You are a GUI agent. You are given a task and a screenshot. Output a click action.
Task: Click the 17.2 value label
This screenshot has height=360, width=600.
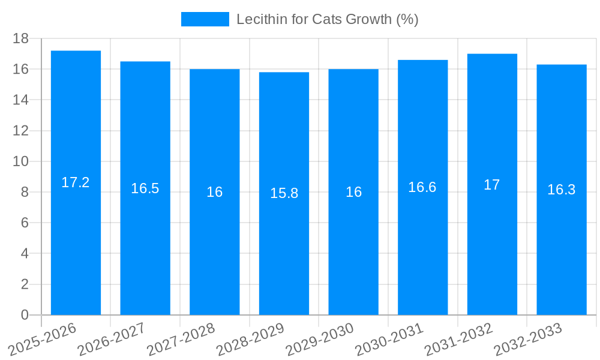[x=76, y=182]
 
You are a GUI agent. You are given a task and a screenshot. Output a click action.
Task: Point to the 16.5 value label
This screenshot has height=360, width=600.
[x=145, y=188]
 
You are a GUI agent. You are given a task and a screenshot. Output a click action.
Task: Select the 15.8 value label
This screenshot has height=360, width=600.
[x=284, y=193]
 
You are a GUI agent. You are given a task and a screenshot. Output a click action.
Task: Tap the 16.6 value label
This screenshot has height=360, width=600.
[x=422, y=187]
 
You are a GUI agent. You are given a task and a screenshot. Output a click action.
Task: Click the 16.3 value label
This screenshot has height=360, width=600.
[x=562, y=190]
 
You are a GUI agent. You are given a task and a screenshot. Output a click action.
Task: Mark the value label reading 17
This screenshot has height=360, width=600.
[x=492, y=185]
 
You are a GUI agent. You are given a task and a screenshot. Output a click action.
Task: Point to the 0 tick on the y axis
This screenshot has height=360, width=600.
[x=25, y=315]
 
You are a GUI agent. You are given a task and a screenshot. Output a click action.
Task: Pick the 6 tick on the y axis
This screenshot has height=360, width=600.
[x=25, y=223]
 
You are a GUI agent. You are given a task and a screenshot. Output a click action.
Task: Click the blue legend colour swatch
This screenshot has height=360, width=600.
[x=205, y=19]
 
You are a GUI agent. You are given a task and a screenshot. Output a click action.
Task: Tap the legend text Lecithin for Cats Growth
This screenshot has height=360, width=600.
[x=327, y=19]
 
